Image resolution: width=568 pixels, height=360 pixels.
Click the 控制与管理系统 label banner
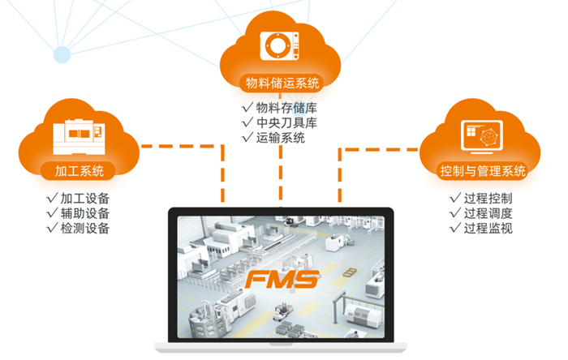482,172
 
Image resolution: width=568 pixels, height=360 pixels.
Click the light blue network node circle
62,54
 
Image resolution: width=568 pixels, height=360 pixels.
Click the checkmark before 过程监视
455,229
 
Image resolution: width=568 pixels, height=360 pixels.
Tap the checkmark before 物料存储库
247,107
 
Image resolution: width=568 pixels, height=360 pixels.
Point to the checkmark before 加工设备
53,198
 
